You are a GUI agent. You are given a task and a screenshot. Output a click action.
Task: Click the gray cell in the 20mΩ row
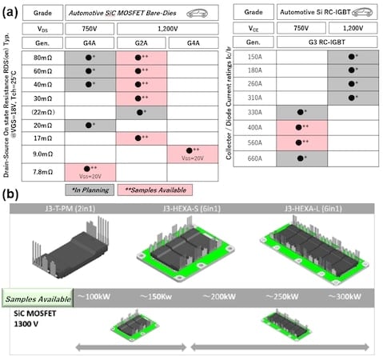[x=89, y=125]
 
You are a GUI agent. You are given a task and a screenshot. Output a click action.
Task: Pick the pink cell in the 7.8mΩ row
[x=89, y=170]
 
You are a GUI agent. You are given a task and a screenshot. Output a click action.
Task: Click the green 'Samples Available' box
[x=35, y=298]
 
